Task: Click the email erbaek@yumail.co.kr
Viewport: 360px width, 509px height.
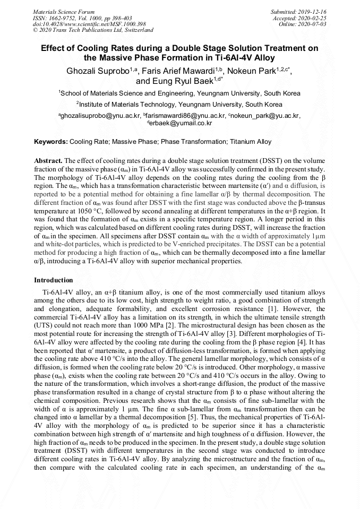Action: tap(181, 123)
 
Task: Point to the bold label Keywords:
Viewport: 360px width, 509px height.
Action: tap(51, 142)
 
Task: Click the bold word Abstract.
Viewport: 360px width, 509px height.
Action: tap(48, 160)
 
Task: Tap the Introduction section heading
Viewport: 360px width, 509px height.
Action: tap(54, 280)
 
